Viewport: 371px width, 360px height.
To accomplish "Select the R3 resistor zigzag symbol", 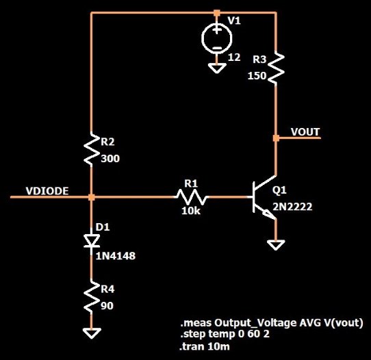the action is point(276,68).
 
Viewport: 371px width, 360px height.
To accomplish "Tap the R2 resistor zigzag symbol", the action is point(92,149).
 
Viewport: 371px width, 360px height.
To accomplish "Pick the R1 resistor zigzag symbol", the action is point(192,197).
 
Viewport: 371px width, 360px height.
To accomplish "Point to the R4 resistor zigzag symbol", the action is point(92,297).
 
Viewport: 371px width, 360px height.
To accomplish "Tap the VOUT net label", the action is point(305,131).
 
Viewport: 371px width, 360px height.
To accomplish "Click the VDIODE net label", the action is point(47,191).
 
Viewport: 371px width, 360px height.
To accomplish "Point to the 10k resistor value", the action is point(191,211).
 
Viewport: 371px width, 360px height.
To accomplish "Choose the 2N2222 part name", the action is point(292,207).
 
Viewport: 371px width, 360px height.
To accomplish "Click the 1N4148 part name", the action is point(116,256).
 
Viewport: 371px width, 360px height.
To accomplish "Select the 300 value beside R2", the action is point(110,159).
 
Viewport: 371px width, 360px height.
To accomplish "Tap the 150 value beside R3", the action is point(257,76).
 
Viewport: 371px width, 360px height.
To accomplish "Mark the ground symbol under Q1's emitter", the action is point(276,245).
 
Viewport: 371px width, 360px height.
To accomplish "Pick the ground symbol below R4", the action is point(92,333).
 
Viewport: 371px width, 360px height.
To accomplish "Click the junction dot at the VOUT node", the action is point(276,138).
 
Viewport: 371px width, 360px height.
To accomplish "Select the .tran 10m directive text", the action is point(205,347).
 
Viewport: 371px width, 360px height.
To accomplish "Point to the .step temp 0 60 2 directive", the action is point(225,335).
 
